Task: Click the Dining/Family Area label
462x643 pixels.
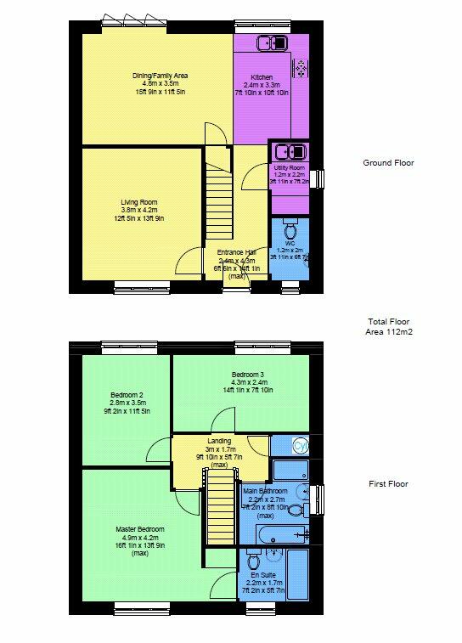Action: tap(159, 83)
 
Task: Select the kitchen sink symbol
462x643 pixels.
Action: tap(274, 43)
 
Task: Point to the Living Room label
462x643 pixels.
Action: tap(138, 209)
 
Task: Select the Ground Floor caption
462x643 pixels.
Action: tap(388, 163)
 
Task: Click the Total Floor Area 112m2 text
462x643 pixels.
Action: tap(387, 327)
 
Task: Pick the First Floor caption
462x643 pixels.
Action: tap(388, 484)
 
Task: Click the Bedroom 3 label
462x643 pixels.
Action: tap(249, 382)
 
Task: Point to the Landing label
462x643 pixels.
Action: tap(219, 448)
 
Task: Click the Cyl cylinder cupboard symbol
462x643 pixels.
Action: tap(299, 446)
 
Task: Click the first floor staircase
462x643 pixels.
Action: tap(220, 510)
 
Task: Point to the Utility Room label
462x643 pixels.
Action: tap(290, 172)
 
